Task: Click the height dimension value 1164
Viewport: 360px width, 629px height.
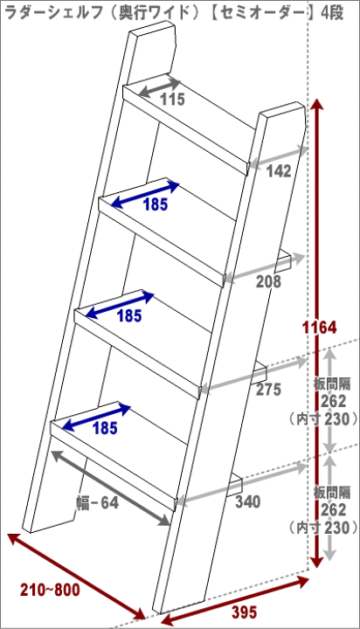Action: (x=320, y=328)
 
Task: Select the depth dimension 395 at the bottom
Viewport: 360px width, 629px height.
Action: (x=244, y=612)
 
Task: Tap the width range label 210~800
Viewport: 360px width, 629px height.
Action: (x=50, y=590)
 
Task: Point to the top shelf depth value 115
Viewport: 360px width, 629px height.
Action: (x=173, y=99)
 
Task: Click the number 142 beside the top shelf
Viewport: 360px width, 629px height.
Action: (x=279, y=171)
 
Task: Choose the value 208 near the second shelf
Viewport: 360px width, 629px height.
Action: (x=269, y=282)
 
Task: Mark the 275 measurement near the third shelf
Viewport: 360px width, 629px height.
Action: (x=268, y=390)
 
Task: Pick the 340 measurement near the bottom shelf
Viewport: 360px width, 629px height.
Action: (x=247, y=501)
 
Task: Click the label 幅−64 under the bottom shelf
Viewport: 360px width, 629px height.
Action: (x=98, y=502)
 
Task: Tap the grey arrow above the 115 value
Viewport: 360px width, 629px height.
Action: (x=159, y=87)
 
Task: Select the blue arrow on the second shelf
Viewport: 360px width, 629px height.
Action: (x=144, y=195)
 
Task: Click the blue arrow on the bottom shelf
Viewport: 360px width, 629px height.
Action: (x=97, y=418)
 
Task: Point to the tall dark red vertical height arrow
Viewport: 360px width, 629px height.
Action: (x=317, y=334)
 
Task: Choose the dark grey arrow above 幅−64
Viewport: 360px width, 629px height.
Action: (x=111, y=487)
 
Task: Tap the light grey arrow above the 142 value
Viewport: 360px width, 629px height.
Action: (x=278, y=156)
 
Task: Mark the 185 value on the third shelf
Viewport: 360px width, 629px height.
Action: (x=129, y=316)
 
